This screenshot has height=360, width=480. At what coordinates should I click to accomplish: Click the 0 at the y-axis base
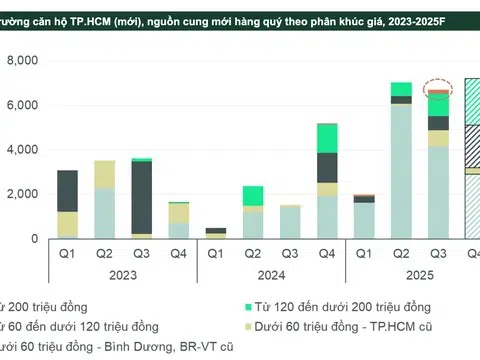[x=33, y=240]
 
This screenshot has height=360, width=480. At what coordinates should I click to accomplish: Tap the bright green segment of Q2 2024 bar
[x=253, y=195]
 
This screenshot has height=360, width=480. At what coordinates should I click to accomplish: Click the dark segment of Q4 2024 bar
[x=327, y=167]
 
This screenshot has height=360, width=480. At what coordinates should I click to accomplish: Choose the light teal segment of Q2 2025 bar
[x=401, y=170]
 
